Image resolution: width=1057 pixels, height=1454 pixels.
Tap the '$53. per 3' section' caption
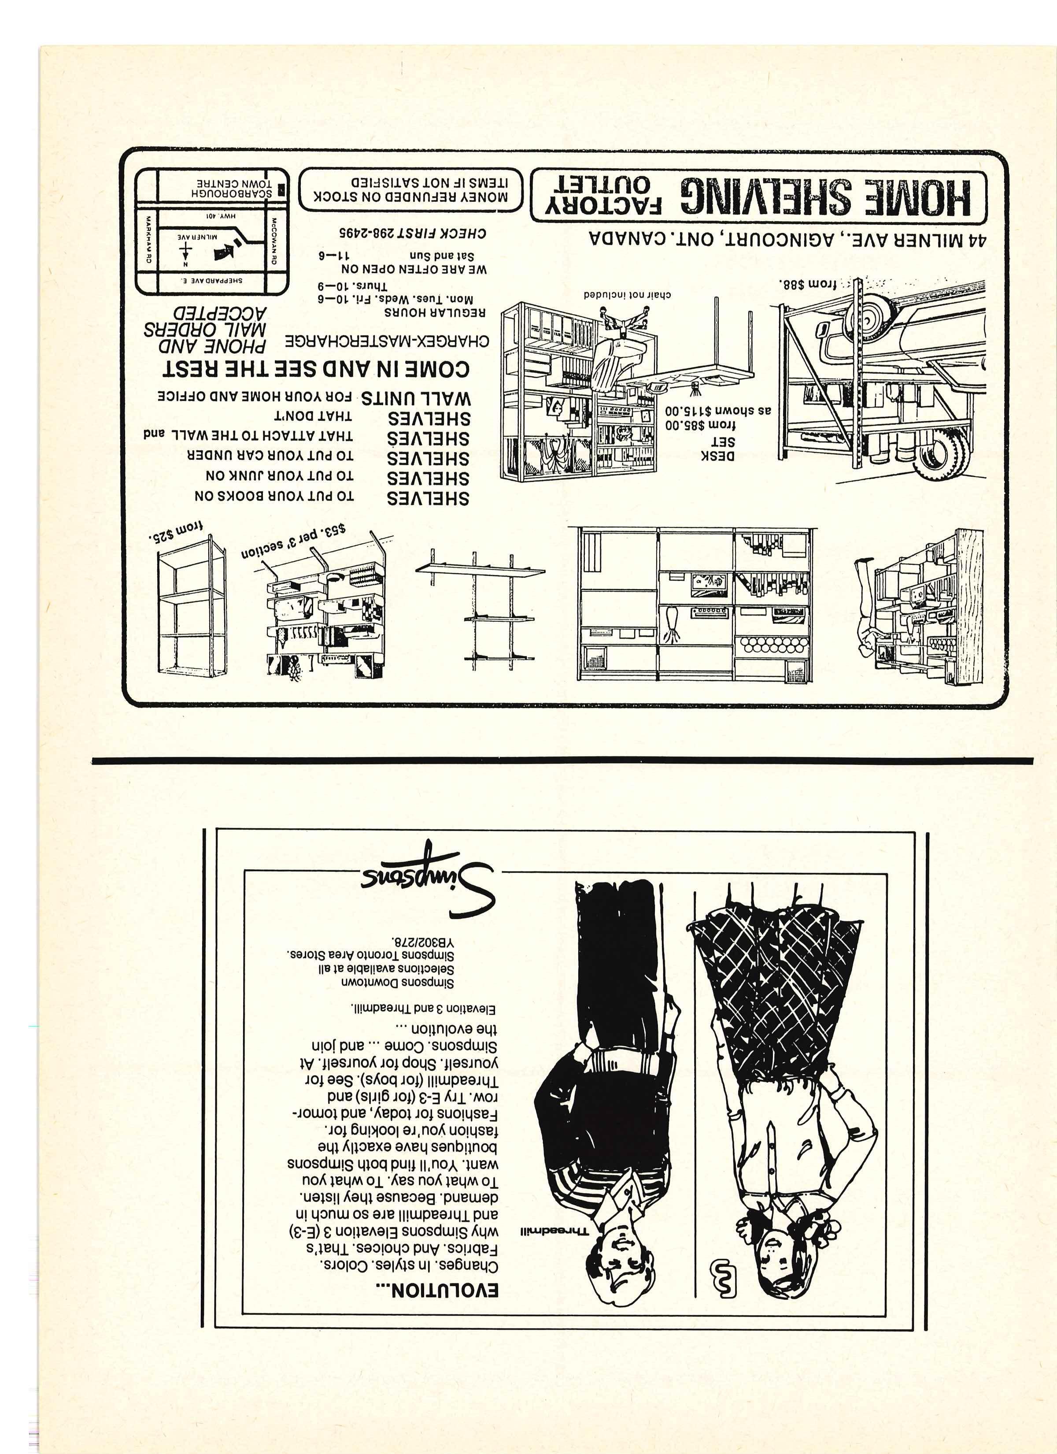tap(294, 540)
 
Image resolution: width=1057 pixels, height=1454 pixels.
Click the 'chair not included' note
tap(627, 295)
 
